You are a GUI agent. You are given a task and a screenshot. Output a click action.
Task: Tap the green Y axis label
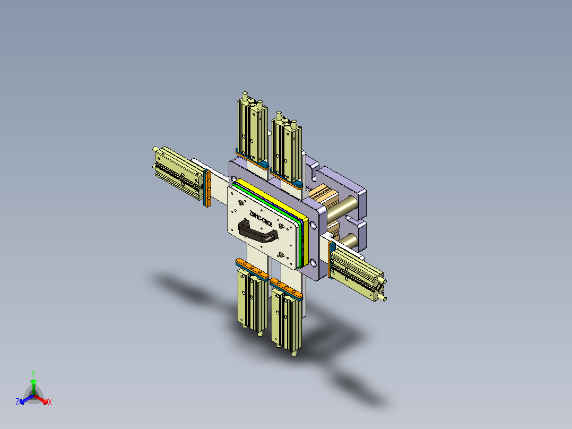tap(33, 373)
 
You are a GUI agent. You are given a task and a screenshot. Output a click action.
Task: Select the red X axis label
tap(50, 402)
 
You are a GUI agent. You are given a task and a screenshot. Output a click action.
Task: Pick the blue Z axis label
tap(17, 402)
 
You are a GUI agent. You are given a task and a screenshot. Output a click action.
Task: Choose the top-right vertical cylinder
tap(286, 148)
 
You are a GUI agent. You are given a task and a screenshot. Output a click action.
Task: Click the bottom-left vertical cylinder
tap(252, 300)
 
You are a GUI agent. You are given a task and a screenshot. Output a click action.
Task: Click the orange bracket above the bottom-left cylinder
tap(252, 269)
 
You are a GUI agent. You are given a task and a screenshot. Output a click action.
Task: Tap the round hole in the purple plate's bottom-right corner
tap(314, 263)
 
